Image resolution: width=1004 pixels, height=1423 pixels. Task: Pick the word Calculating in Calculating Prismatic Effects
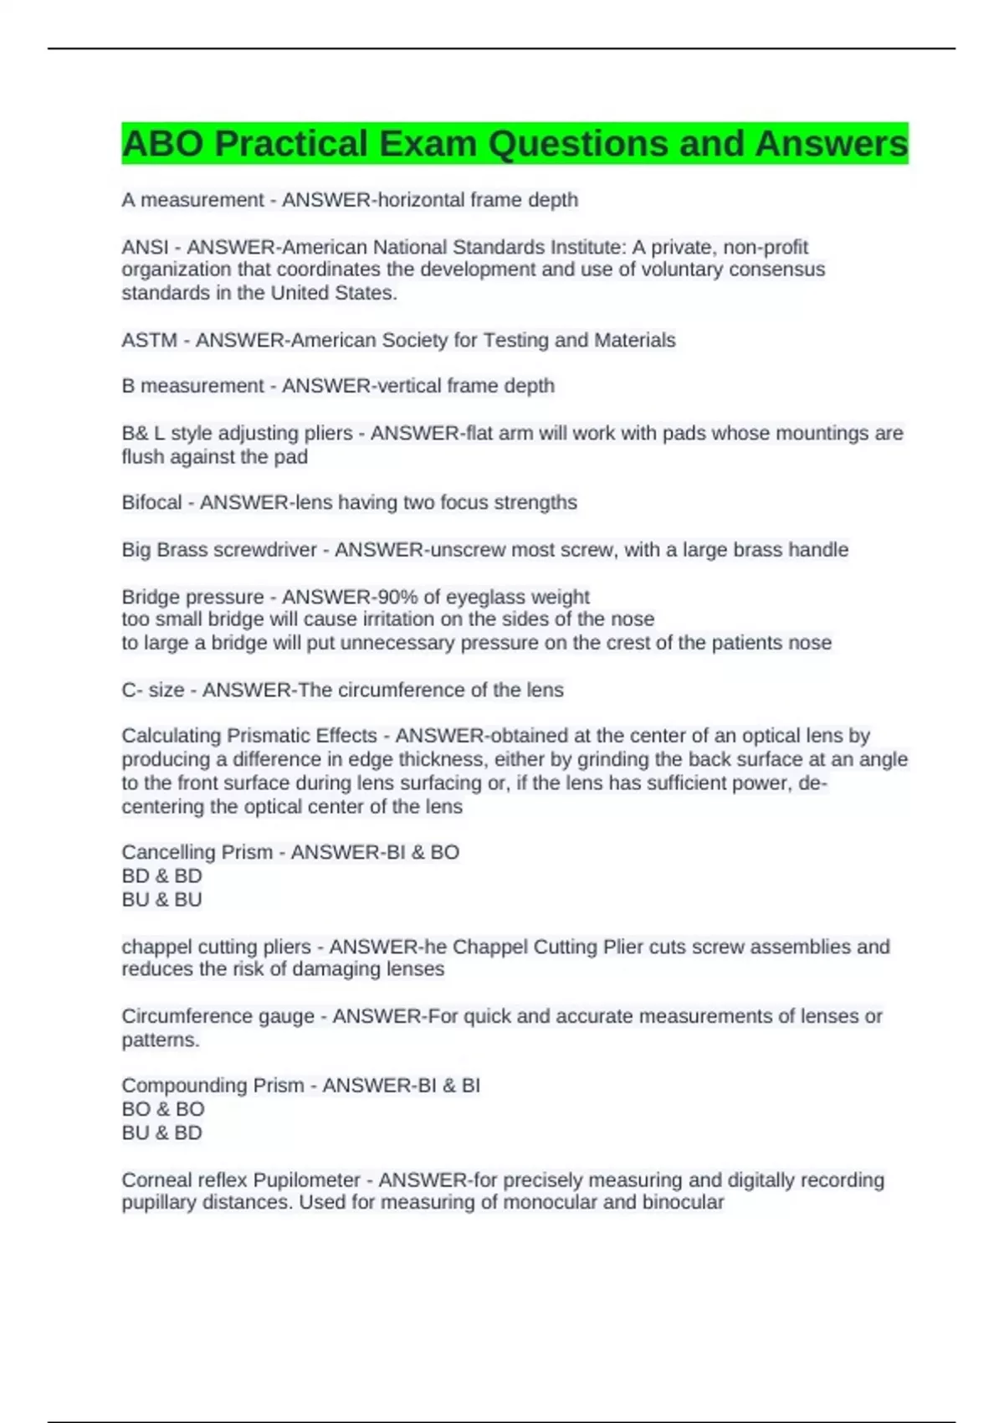pyautogui.click(x=172, y=736)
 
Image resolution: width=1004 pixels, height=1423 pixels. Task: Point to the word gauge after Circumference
pyautogui.click(x=285, y=1016)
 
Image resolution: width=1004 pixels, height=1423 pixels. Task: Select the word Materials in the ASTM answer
pyautogui.click(x=635, y=340)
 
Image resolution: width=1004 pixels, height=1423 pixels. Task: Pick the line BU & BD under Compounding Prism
pyautogui.click(x=162, y=1133)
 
